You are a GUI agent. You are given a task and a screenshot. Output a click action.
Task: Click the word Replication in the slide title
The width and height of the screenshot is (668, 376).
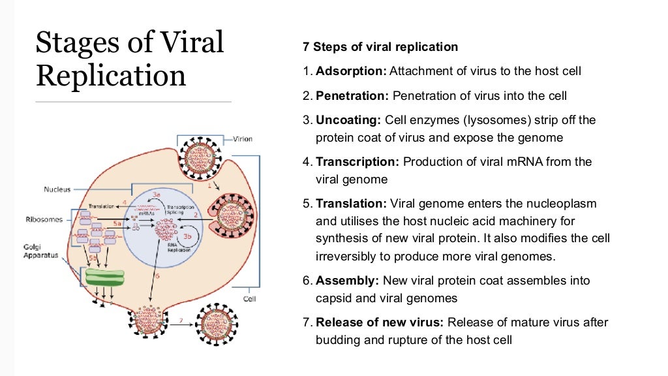[111, 76]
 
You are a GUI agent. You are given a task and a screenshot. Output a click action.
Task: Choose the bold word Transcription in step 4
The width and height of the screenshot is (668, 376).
[358, 161]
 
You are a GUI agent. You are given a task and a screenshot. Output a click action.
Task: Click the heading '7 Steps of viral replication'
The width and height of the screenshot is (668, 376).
[380, 47]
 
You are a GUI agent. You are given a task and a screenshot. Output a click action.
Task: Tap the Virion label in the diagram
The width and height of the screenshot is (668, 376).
[243, 139]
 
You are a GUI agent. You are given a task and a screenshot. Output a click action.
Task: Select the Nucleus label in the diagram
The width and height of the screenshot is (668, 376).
[57, 189]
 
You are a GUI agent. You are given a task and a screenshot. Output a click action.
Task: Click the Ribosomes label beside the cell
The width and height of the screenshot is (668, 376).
[49, 219]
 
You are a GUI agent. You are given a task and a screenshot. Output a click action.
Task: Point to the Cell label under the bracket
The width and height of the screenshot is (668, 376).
[249, 300]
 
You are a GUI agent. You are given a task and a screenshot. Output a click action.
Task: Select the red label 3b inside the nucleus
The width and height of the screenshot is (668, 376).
[187, 236]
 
